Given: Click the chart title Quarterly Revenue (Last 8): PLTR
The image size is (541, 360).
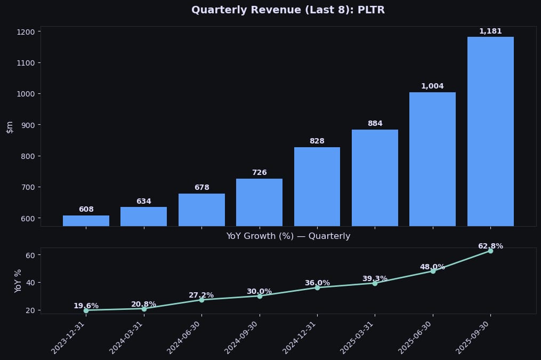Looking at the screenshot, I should pos(288,10).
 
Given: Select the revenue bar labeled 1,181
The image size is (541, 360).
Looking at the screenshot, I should pos(490,131).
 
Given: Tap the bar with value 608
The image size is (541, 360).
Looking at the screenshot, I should pos(86,221).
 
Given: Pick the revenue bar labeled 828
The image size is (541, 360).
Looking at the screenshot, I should pos(317,186).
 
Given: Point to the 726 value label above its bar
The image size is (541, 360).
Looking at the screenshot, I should pos(259,173).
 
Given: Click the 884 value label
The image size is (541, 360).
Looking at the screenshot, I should pos(375,124).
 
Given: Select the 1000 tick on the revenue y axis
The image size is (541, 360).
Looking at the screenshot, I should pos(25,94).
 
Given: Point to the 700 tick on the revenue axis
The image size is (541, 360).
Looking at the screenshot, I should pos(27,187).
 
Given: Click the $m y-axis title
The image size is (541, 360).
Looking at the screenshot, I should pos(10,126).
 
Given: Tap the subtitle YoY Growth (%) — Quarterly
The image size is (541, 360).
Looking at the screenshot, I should pos(288,236).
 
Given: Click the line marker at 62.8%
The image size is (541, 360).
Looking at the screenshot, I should pos(490,251).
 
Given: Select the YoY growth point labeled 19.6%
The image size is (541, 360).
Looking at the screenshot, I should pos(86,310).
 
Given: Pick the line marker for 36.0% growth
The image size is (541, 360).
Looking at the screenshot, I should pos(317,287).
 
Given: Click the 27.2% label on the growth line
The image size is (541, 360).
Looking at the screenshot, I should pos(201,295).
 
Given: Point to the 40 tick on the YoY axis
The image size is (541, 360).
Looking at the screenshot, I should pos(30,283).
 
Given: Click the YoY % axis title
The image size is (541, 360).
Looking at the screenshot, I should pos(18,281).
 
